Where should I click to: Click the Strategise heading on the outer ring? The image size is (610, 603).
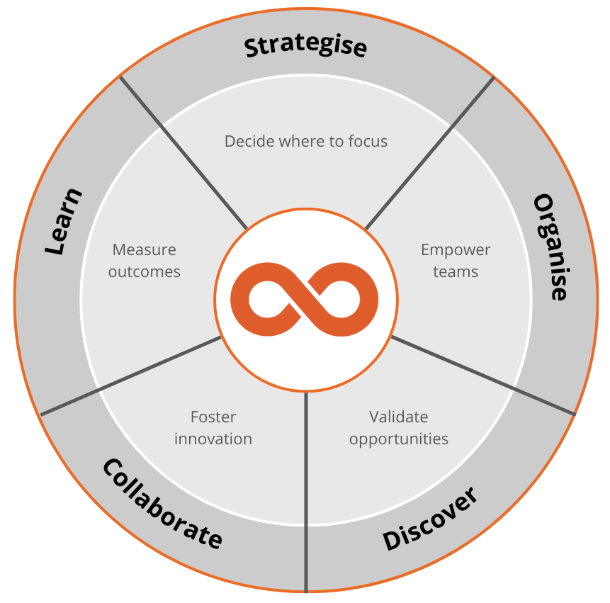(x=305, y=46)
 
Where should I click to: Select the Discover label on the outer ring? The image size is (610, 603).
(x=430, y=519)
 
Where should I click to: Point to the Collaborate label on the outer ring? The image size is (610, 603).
(x=162, y=504)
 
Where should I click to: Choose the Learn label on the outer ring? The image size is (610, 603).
(x=63, y=221)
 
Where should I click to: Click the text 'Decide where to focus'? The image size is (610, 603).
(x=306, y=141)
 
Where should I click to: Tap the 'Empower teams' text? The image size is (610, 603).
(x=456, y=261)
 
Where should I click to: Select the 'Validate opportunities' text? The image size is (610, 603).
(x=399, y=428)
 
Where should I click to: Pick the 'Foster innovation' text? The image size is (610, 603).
(x=213, y=428)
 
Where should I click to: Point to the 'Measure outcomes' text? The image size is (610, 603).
(x=145, y=261)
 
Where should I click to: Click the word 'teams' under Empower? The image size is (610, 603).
(x=456, y=272)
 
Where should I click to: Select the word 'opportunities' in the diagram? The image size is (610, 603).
(x=399, y=439)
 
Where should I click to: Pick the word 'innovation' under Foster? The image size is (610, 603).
(x=213, y=439)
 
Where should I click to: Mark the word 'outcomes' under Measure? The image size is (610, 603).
(x=145, y=272)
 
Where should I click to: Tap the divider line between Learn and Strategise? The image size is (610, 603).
(x=183, y=152)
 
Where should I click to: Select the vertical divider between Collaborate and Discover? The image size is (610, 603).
(x=306, y=496)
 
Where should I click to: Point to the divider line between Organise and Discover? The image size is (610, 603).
(x=482, y=375)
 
